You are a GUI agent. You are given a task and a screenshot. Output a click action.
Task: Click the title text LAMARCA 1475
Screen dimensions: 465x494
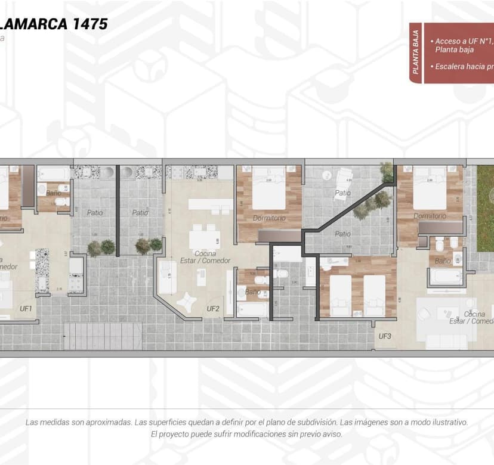click(x=54, y=24)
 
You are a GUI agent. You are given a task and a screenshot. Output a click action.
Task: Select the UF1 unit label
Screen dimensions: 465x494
click(x=26, y=309)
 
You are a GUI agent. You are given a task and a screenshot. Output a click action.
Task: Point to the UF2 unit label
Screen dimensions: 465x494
click(x=213, y=309)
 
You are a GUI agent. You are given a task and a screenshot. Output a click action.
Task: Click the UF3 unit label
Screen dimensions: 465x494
click(x=385, y=336)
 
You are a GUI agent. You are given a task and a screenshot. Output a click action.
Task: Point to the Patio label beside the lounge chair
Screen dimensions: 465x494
click(x=342, y=193)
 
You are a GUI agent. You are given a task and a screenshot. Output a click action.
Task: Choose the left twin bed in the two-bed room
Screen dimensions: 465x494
click(x=341, y=294)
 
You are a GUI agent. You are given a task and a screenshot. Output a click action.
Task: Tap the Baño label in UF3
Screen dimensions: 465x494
click(x=443, y=261)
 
